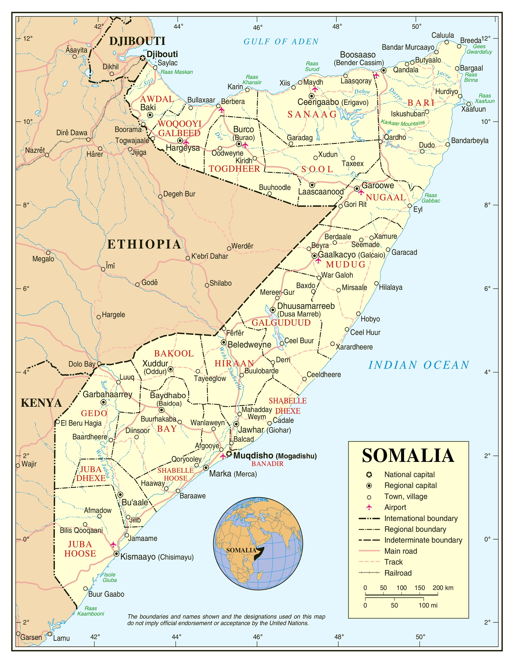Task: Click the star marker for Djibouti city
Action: pos(142,58)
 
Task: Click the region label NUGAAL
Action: pos(386,197)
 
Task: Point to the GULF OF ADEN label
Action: pos(281,42)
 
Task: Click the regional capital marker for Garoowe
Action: pos(357,189)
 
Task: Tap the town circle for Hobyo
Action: pos(358,314)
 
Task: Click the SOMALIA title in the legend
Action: pos(408,455)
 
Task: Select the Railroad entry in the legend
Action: pos(398,573)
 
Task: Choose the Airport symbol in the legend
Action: pos(369,507)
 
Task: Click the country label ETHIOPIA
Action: pos(144,244)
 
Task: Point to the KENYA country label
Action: pos(41,403)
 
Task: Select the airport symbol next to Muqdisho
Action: pos(223,456)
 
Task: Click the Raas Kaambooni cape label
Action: pos(90,611)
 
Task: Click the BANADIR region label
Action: pos(267,464)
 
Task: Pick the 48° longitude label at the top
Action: pos(337,27)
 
